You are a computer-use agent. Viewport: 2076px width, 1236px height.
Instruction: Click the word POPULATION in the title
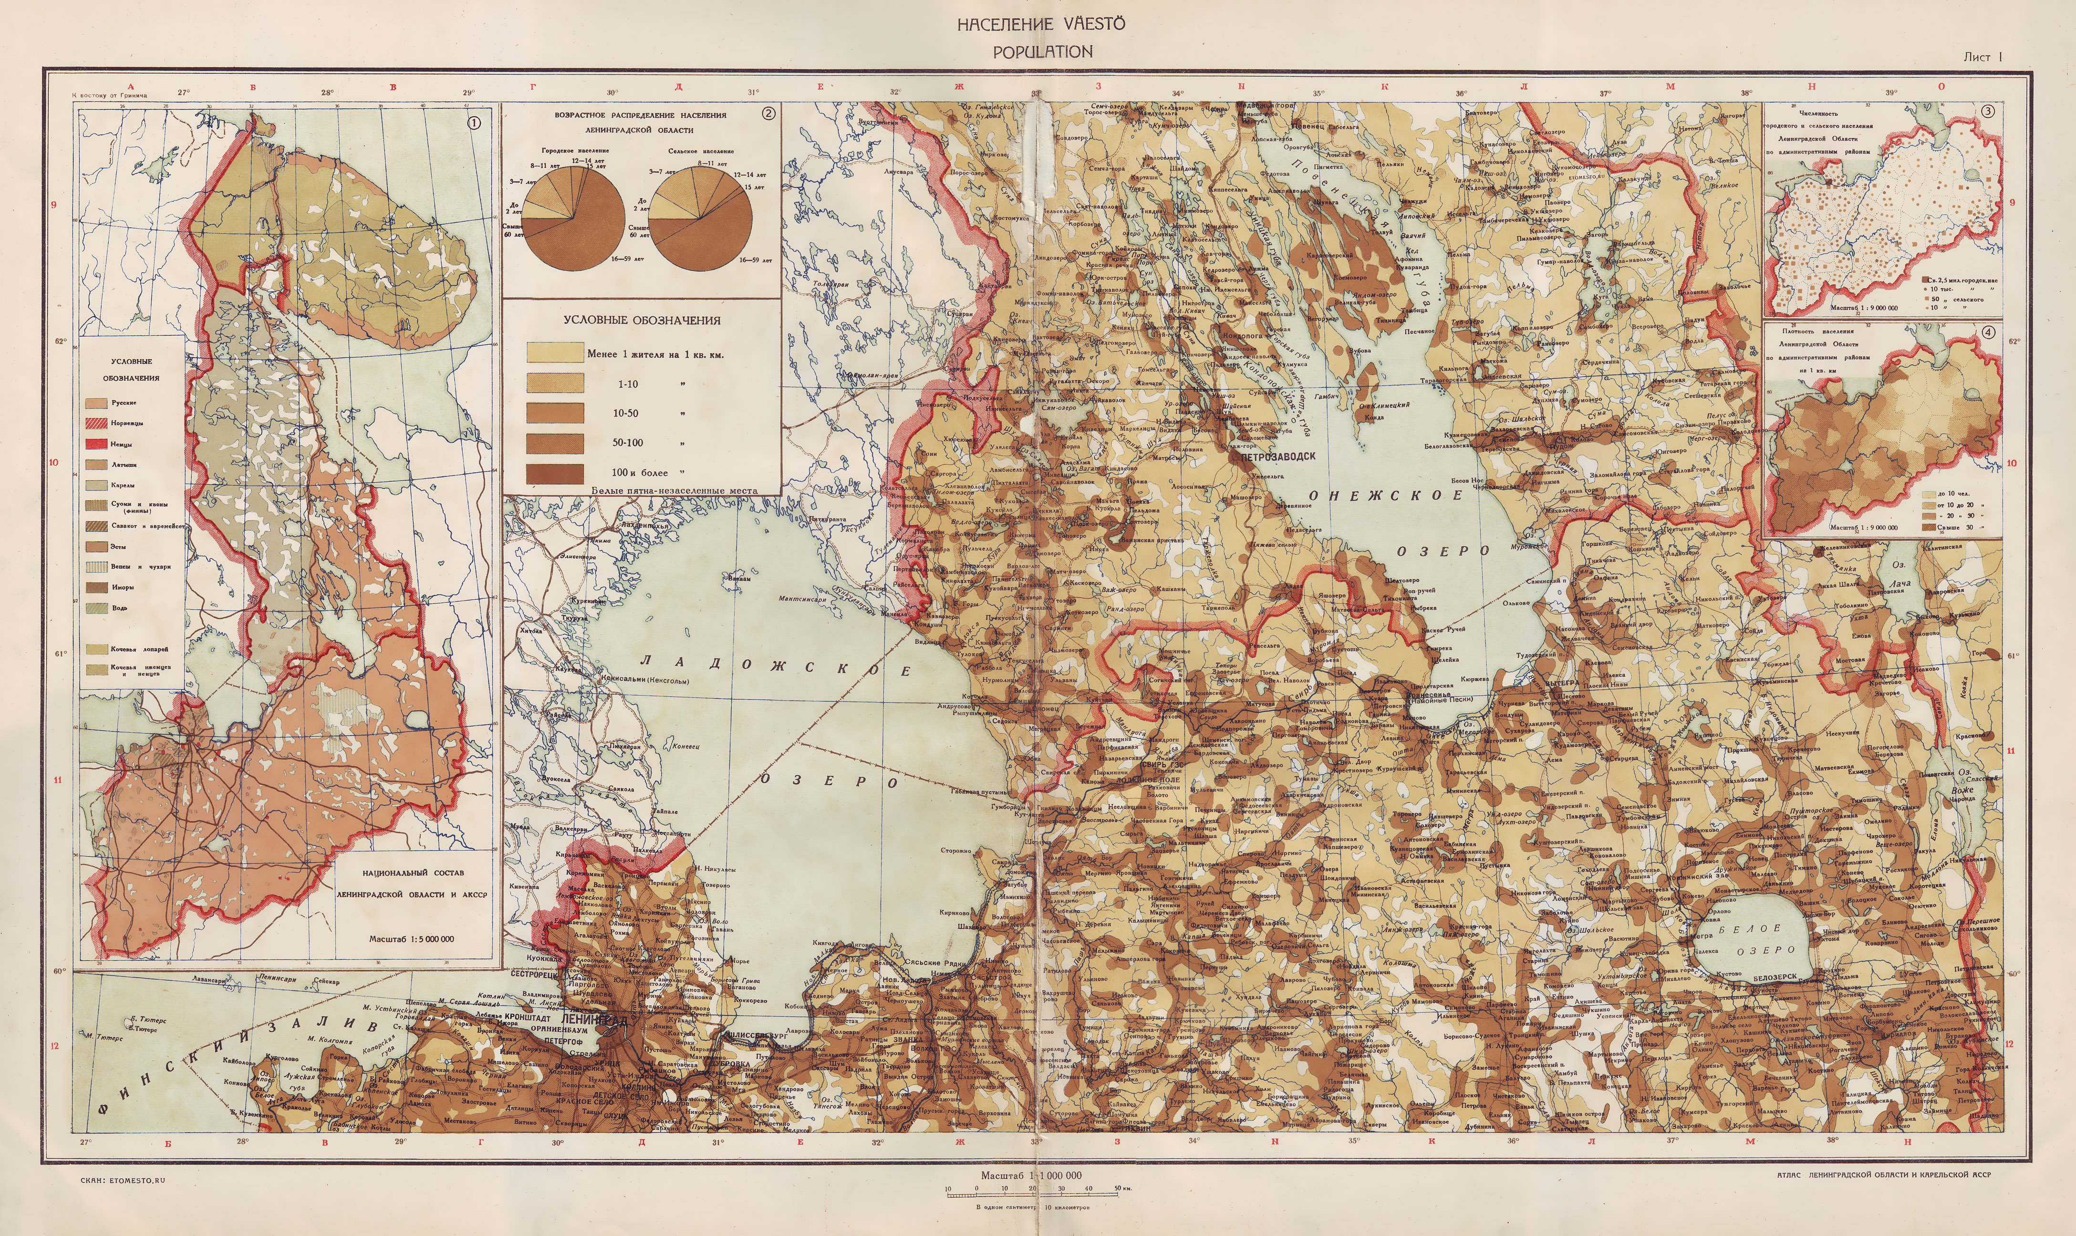point(1042,52)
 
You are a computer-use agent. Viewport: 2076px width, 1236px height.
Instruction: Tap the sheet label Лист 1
point(1982,57)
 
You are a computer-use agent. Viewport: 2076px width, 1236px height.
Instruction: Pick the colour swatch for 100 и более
point(555,472)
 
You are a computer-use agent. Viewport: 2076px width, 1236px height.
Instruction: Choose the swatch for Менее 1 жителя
point(555,353)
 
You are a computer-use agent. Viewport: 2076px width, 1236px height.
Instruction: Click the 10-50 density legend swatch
point(555,412)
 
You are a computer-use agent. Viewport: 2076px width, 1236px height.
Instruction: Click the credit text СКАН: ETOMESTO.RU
point(123,1180)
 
